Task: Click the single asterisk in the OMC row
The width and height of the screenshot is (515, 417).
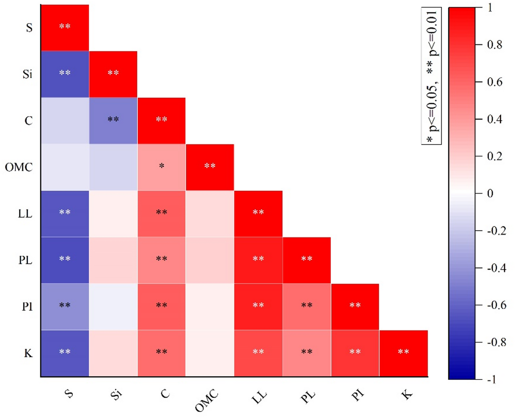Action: (161, 166)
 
